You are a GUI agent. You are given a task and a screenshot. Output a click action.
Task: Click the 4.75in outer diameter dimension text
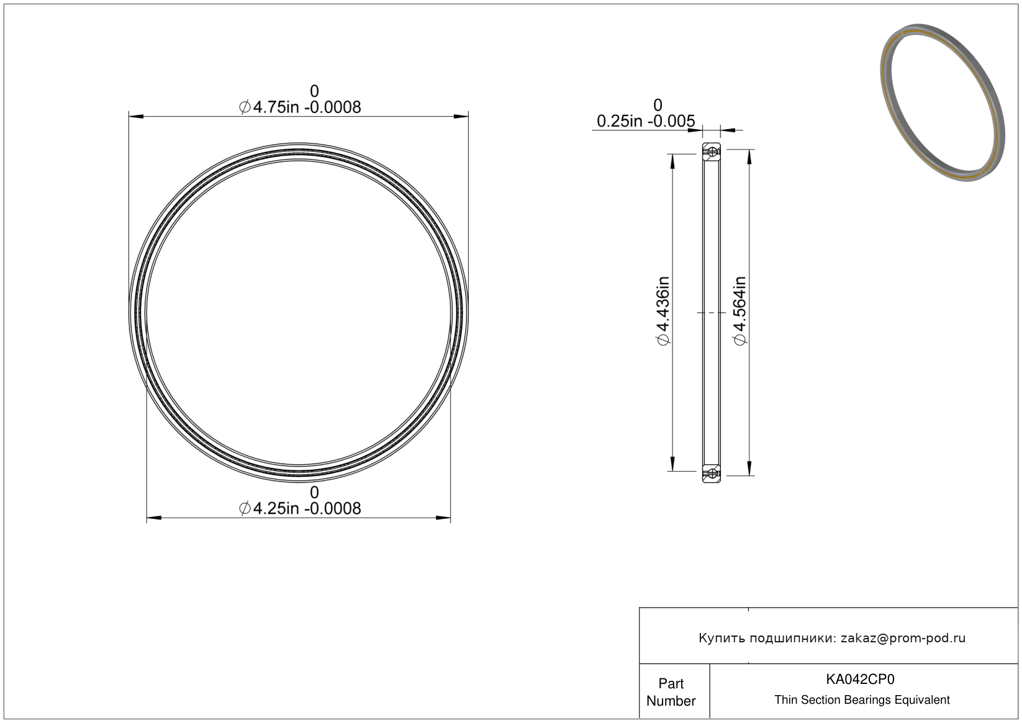pos(300,107)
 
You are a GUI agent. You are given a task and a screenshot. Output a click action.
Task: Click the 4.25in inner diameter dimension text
pos(300,508)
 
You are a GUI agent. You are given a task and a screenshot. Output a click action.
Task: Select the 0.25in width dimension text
pos(646,122)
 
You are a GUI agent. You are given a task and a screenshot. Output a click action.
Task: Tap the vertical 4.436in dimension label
pos(663,311)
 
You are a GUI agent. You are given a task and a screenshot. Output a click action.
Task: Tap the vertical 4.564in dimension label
pos(739,311)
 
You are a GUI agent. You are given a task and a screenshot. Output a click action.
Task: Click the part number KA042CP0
pos(860,679)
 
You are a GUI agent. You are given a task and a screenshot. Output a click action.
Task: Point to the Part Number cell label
pos(671,692)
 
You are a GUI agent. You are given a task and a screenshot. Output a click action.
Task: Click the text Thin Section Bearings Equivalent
pos(862,700)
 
